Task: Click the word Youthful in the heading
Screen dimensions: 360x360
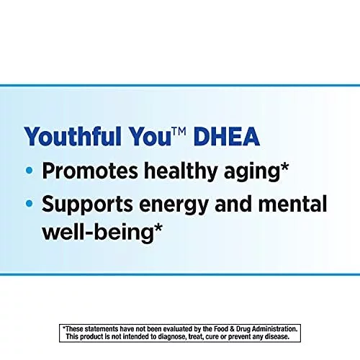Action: tap(73, 136)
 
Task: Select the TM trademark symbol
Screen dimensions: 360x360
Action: tap(179, 132)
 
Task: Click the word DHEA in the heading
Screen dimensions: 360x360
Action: tap(227, 136)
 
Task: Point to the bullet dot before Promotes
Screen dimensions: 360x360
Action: tap(29, 171)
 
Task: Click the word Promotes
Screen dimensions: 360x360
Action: tap(90, 171)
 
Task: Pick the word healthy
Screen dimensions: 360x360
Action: tap(181, 171)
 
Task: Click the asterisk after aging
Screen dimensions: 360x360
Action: tap(284, 166)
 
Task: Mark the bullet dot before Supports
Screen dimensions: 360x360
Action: tap(29, 204)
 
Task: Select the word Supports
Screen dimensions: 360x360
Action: tap(87, 204)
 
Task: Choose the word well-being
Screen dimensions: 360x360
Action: tap(98, 233)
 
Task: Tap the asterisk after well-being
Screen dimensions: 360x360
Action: tap(158, 228)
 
